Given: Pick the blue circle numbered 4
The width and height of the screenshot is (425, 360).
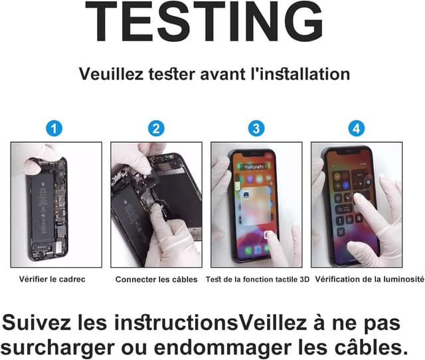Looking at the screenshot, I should coord(357,128).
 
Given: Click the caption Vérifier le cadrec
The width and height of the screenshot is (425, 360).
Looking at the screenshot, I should coord(52,280).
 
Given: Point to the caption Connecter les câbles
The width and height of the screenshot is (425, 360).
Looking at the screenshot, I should coord(156,280).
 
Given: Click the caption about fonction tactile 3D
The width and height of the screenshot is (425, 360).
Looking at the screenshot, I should coord(258,280).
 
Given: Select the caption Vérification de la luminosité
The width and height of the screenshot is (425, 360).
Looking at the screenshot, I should coord(369,280).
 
